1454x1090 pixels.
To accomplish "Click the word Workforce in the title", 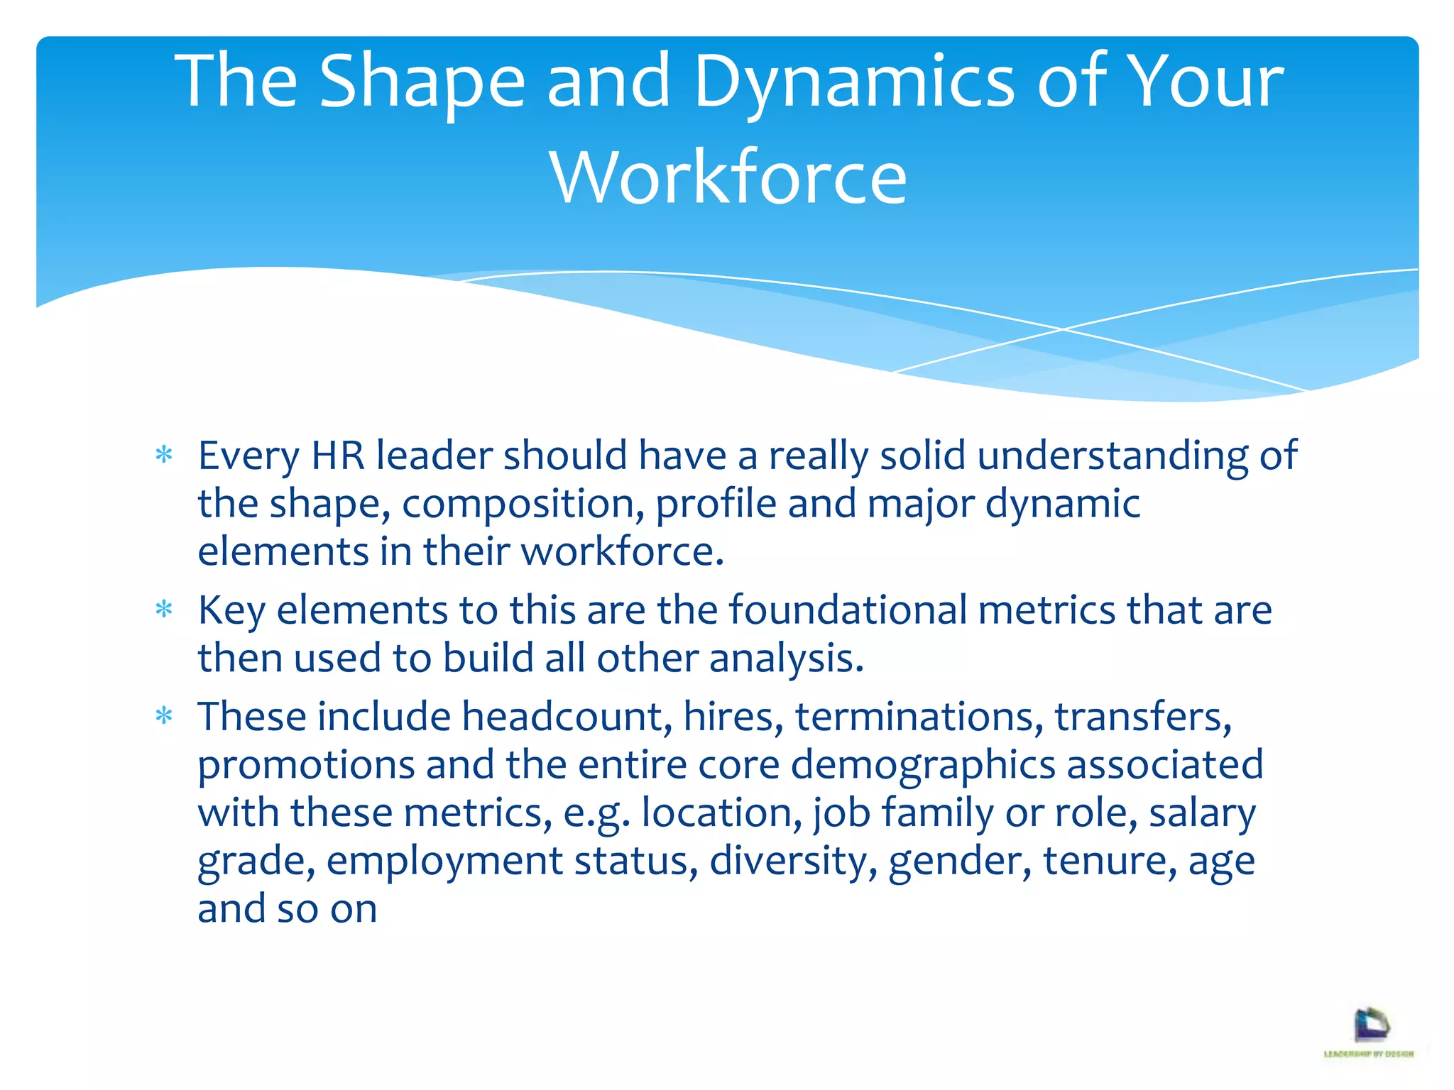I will pyautogui.click(x=728, y=177).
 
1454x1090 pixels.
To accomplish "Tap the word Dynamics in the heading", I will pyautogui.click(x=853, y=82).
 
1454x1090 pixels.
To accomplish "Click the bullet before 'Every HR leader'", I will pyautogui.click(x=164, y=454).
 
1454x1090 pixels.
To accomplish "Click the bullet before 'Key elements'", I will pyautogui.click(x=164, y=609).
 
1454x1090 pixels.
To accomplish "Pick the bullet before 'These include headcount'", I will pyautogui.click(x=164, y=715).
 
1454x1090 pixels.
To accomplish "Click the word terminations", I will pyautogui.click(x=919, y=716).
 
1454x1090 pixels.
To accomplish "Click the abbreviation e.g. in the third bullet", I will pyautogui.click(x=596, y=813).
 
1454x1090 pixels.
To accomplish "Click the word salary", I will pyautogui.click(x=1202, y=813).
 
